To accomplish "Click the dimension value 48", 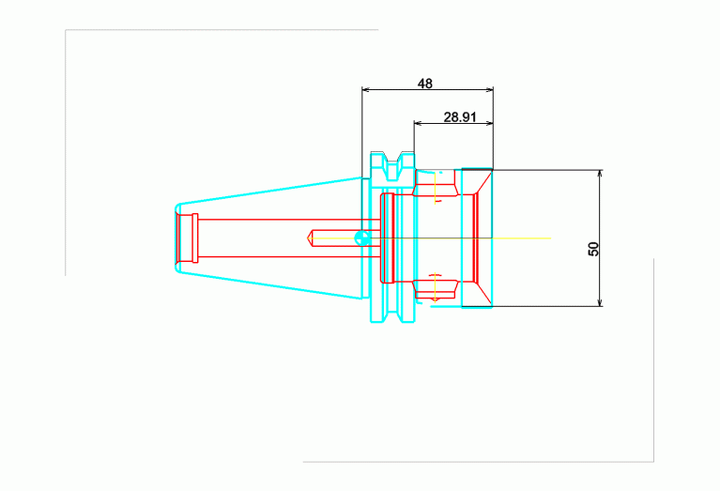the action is (425, 84).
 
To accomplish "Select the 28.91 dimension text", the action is (461, 116).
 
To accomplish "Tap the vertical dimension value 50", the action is (592, 248).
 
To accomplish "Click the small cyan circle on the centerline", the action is (360, 238).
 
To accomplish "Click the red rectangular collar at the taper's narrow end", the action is (187, 238).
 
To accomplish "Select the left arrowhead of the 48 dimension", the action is (366, 90).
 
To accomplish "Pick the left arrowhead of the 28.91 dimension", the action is (419, 123).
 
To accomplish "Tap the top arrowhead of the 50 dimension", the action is (600, 175).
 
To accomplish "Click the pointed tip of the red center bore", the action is (309, 238).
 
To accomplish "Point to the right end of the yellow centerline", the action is (550, 238).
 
